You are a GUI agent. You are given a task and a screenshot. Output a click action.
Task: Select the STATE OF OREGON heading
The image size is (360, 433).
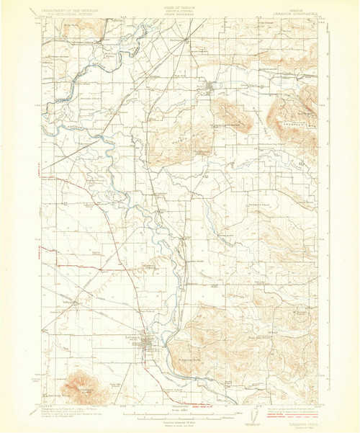181,5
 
